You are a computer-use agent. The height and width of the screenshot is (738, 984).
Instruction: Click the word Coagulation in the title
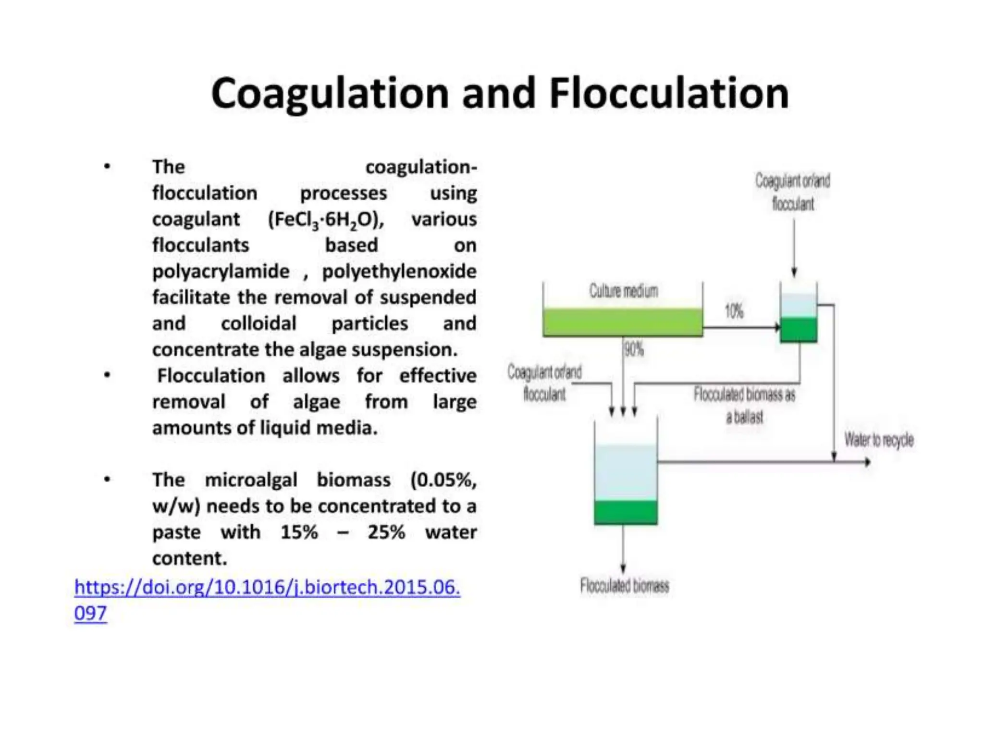330,94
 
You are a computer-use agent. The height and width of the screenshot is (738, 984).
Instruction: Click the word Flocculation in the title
669,94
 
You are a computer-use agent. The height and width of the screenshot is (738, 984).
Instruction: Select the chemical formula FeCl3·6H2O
326,220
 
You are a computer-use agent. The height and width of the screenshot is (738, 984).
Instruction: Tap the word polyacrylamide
221,272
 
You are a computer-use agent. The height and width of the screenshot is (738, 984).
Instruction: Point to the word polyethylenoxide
399,272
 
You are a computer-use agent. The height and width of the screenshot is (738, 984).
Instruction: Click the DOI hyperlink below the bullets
267,588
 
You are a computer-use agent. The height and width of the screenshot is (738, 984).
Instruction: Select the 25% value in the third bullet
386,532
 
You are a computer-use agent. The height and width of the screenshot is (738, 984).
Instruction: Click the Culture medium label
623,291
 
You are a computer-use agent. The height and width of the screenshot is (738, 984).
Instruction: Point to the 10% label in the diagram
734,311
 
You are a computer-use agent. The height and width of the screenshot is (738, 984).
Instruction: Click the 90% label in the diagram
634,349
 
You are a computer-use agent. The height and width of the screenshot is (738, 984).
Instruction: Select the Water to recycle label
879,440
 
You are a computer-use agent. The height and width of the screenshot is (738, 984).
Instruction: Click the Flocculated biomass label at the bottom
624,586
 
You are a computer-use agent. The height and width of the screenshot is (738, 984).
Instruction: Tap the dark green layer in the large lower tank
625,512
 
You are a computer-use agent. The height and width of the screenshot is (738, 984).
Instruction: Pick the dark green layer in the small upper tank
798,330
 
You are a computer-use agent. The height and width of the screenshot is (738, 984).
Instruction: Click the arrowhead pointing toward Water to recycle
868,462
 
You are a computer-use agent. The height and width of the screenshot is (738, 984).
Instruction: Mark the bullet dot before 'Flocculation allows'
107,375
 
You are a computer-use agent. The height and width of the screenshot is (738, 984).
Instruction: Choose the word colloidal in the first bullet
258,324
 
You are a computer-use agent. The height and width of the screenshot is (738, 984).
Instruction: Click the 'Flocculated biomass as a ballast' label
744,406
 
